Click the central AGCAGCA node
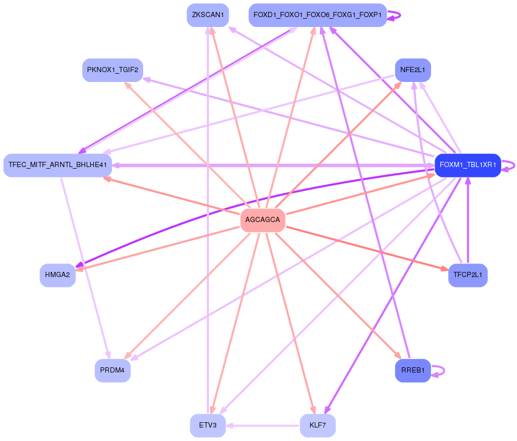[x=262, y=220]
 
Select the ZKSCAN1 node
[x=207, y=15]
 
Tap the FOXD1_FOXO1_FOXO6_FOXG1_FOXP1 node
[x=317, y=15]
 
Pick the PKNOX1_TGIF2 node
[x=113, y=70]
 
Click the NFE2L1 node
[x=413, y=70]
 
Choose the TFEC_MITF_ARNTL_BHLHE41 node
[x=58, y=166]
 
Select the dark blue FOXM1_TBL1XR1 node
[x=468, y=166]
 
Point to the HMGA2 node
[x=58, y=275]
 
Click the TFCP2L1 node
[x=468, y=275]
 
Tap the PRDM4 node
[x=113, y=370]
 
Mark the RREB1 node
[x=413, y=370]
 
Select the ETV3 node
[x=207, y=425]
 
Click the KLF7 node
[x=317, y=425]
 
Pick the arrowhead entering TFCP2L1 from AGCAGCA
[x=444, y=269]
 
